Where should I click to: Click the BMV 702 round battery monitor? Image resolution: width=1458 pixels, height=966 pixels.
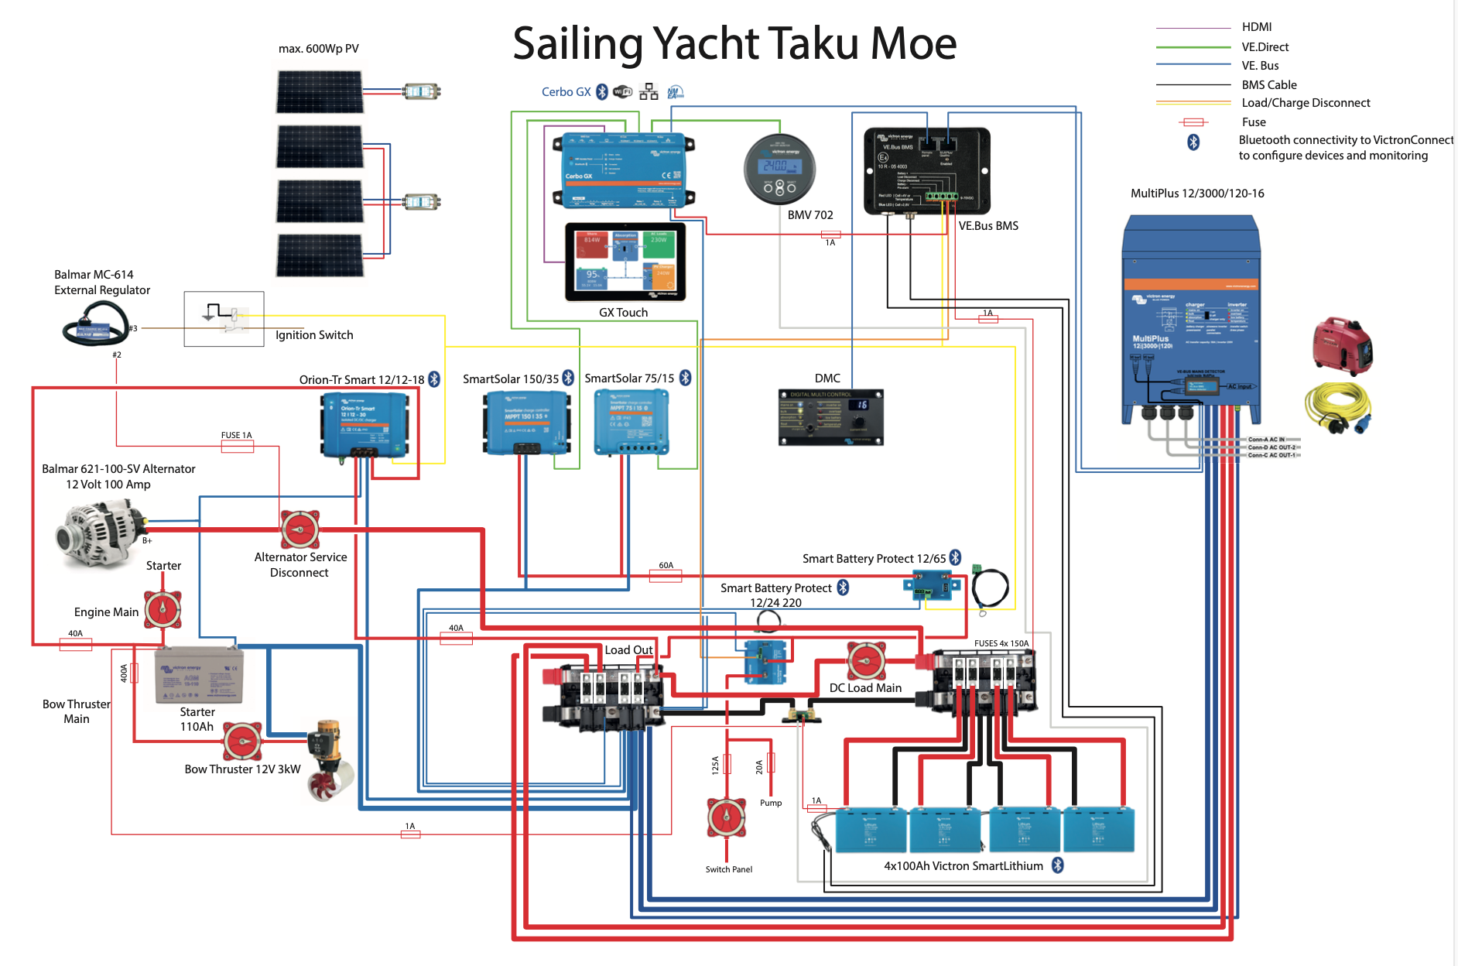[779, 170]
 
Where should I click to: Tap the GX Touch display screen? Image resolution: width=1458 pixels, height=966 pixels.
[625, 262]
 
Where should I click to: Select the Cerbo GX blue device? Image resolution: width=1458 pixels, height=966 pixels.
[624, 170]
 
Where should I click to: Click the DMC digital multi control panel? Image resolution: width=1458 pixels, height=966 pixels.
[830, 417]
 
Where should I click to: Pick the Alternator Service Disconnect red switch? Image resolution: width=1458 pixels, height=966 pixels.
[299, 529]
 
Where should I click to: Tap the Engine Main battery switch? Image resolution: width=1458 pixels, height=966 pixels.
[163, 610]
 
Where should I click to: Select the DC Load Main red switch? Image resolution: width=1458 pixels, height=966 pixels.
[866, 661]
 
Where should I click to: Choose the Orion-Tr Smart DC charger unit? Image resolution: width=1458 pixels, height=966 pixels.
[364, 425]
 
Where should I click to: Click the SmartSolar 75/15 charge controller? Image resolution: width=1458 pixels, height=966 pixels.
[631, 422]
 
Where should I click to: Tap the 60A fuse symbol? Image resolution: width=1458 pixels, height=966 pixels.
[666, 575]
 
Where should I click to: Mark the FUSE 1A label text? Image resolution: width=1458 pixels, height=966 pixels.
[236, 436]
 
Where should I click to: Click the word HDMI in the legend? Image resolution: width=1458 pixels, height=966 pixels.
[1256, 27]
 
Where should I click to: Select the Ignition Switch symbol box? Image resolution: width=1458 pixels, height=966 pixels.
[224, 318]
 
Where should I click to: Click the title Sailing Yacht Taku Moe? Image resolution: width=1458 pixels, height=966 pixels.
[734, 43]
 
